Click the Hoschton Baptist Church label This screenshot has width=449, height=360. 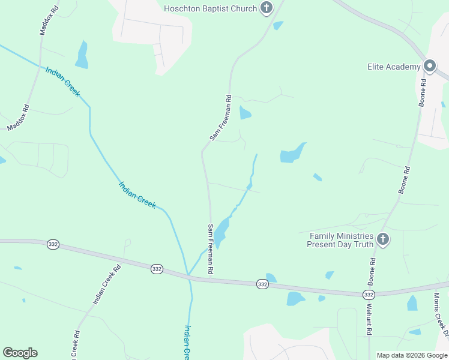[x=210, y=8]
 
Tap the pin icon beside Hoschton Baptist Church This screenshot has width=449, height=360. [x=267, y=8]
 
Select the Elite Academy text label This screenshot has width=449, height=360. [x=394, y=67]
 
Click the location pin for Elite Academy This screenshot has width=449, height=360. [x=429, y=66]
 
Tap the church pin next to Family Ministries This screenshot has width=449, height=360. [x=383, y=240]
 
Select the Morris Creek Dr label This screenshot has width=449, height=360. [x=441, y=313]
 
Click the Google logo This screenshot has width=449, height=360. [x=20, y=353]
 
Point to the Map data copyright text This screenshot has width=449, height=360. [x=412, y=355]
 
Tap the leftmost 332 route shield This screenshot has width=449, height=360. [x=53, y=244]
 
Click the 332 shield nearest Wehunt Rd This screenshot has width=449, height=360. [x=369, y=294]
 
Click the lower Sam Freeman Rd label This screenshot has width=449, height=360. [x=211, y=249]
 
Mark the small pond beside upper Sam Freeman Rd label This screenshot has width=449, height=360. [x=245, y=112]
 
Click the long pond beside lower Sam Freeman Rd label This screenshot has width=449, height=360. [x=221, y=231]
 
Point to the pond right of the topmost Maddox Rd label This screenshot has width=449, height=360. [x=82, y=55]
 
